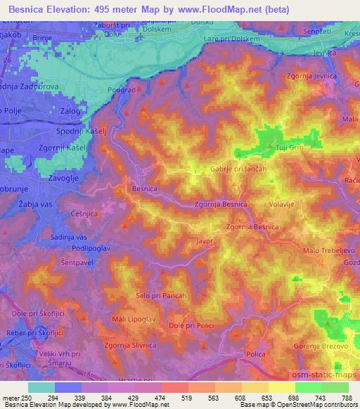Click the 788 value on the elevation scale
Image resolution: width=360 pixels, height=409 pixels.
pyautogui.click(x=347, y=398)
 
